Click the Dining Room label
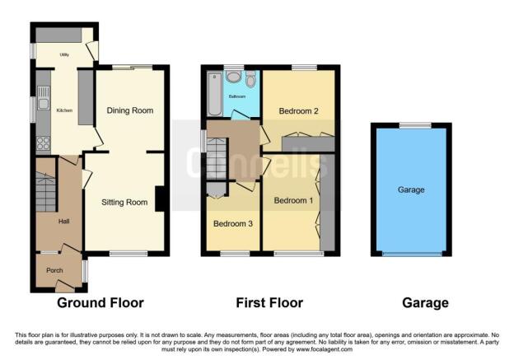tap(131, 110)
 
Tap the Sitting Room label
tap(124, 202)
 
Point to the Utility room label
tap(64, 55)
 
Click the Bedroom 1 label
tap(294, 200)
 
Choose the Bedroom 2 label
tap(298, 110)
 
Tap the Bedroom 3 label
tap(233, 223)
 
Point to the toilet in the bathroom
tap(250, 80)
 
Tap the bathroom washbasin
tap(234, 77)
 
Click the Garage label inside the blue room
tap(411, 189)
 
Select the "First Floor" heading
tap(270, 303)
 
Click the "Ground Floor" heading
tap(100, 303)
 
